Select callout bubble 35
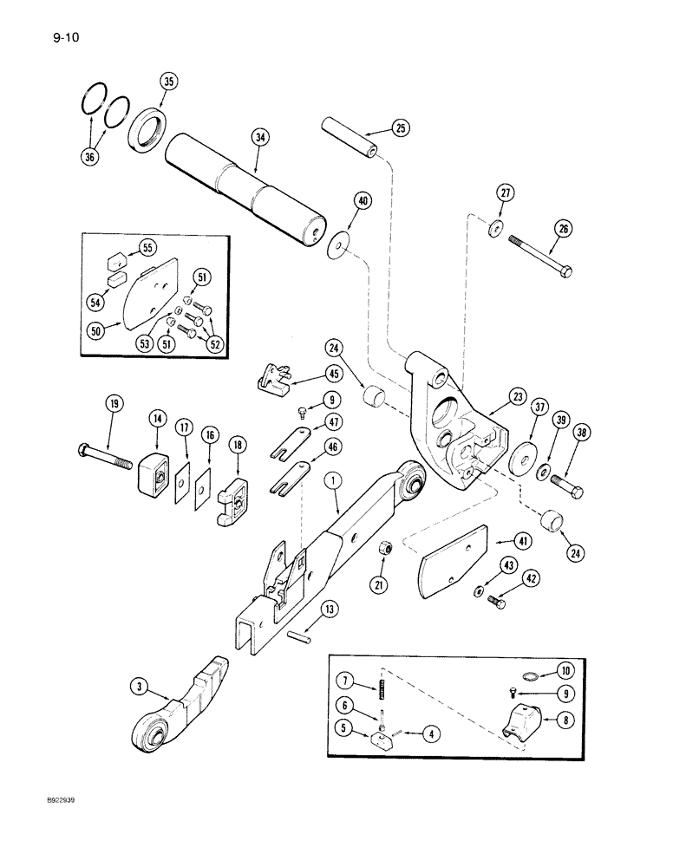coord(168,83)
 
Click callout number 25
coord(401,128)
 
